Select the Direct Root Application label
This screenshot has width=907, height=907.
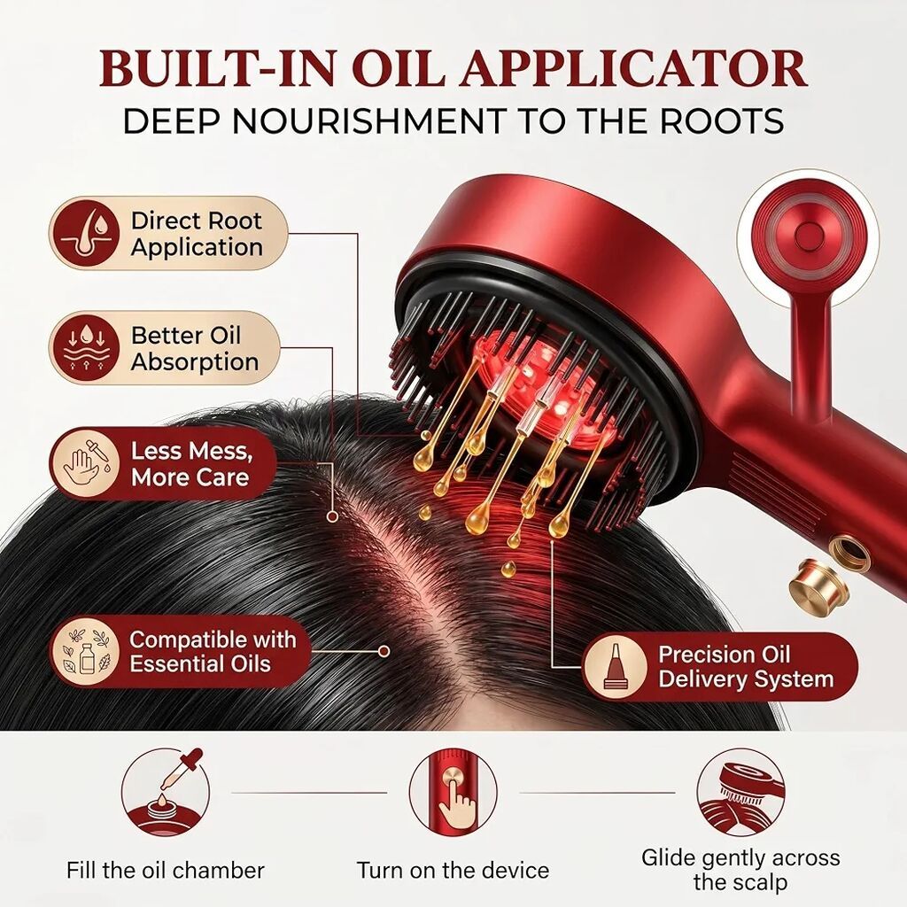pyautogui.click(x=197, y=234)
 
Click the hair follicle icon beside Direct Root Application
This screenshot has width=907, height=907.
pyautogui.click(x=87, y=234)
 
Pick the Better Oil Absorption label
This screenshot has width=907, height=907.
pyautogui.click(x=194, y=348)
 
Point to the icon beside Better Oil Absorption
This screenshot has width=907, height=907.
pyautogui.click(x=86, y=348)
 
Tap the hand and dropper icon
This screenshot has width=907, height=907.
pyautogui.click(x=86, y=464)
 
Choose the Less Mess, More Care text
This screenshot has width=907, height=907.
pyautogui.click(x=192, y=464)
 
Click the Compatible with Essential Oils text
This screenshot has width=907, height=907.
pyautogui.click(x=213, y=651)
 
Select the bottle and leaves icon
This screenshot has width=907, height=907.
pyautogui.click(x=87, y=651)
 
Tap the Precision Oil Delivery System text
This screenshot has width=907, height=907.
pyautogui.click(x=746, y=666)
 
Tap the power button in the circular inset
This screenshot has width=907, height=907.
pyautogui.click(x=808, y=235)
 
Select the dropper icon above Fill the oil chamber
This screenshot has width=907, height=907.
pyautogui.click(x=166, y=791)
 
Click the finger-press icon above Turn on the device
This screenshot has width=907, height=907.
pyautogui.click(x=453, y=792)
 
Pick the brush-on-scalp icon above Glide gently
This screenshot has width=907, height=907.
pyautogui.click(x=740, y=792)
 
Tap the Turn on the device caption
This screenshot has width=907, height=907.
pyautogui.click(x=453, y=870)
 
